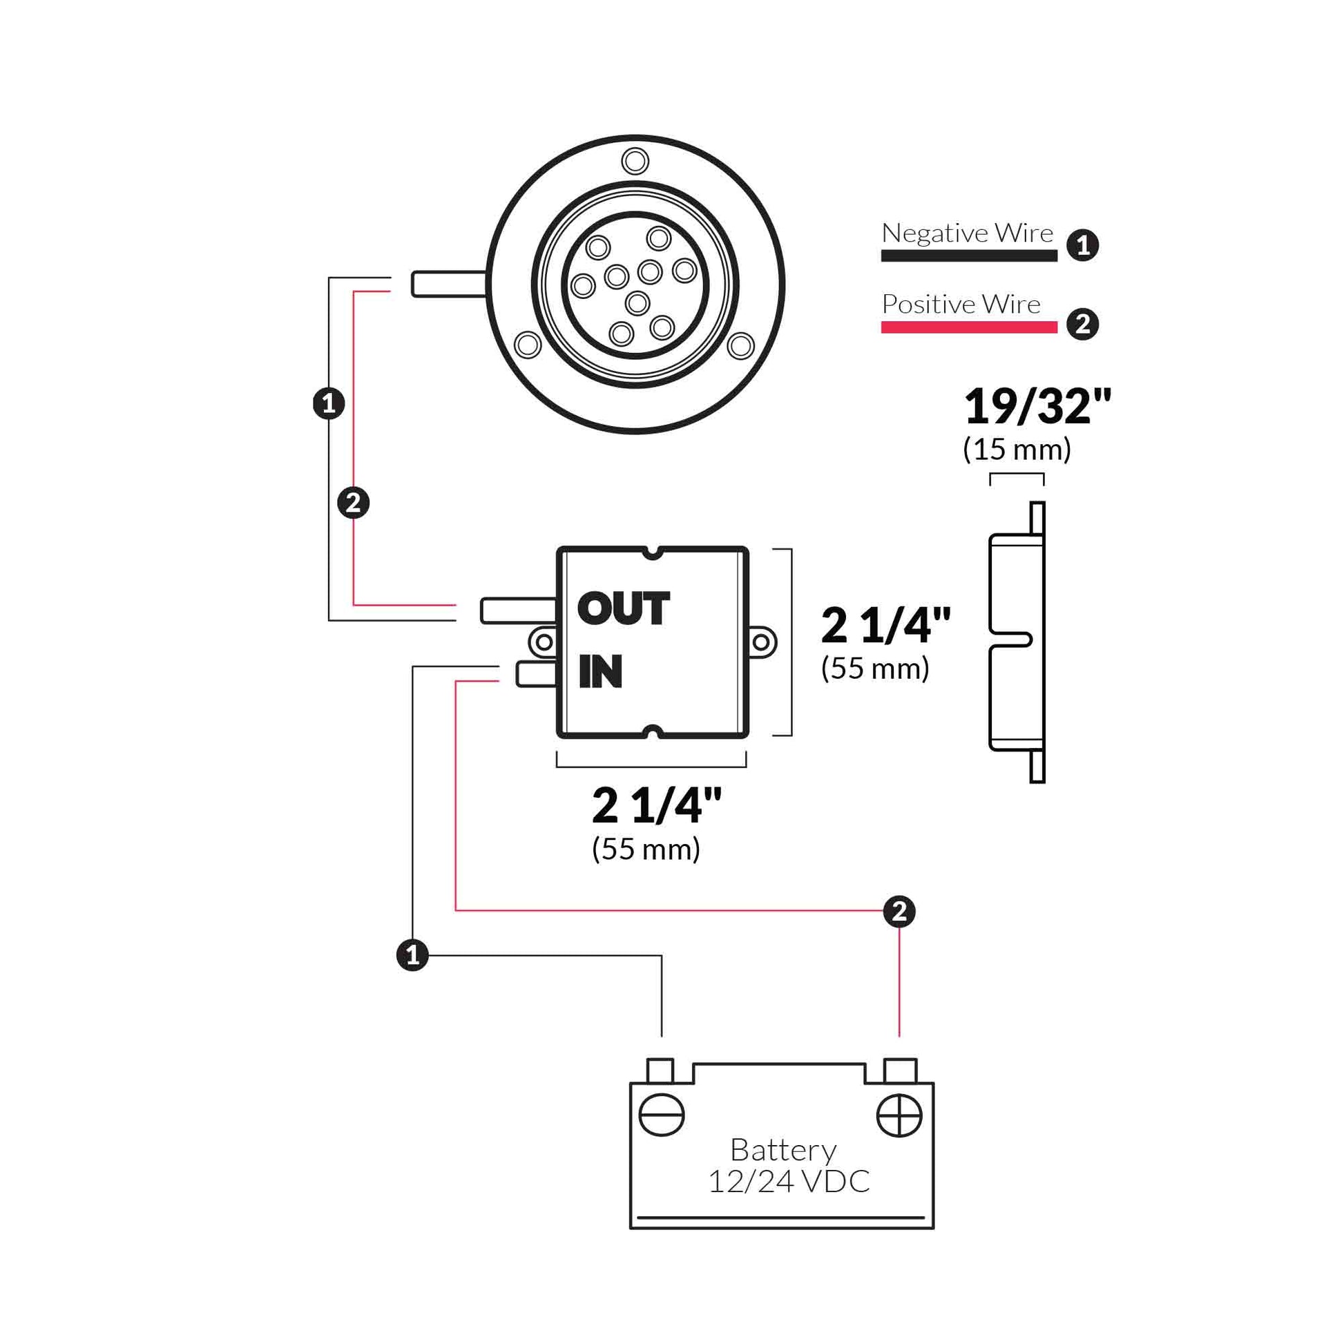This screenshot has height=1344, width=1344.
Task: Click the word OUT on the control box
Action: tap(623, 608)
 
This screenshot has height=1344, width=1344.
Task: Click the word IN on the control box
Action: tap(600, 671)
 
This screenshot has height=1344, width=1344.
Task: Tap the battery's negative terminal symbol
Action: tap(661, 1116)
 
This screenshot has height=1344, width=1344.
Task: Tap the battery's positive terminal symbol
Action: tap(899, 1116)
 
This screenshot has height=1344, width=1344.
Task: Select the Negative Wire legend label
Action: tap(967, 233)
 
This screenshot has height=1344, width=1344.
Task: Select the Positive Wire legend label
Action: tap(961, 304)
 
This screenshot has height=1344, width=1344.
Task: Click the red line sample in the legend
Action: tap(969, 327)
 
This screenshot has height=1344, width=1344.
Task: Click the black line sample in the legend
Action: tap(969, 256)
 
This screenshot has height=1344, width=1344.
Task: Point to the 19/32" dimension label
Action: tap(1037, 406)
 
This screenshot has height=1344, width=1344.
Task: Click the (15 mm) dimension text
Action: tap(1017, 449)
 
